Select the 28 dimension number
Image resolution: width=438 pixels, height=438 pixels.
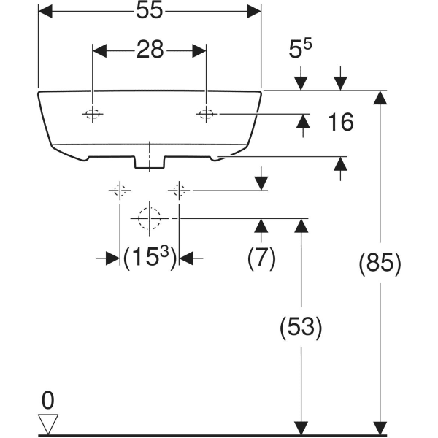point(149,50)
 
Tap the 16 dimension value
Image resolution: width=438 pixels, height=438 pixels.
point(339,123)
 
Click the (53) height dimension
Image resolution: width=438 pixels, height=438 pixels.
point(299,328)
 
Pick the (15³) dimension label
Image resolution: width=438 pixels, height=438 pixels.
point(150,258)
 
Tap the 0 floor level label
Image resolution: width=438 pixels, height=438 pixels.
point(48,400)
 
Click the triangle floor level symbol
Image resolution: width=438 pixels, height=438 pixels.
point(48,424)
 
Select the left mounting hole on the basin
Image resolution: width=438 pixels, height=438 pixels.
point(93,114)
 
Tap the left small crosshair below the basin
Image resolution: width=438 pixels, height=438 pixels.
point(120,191)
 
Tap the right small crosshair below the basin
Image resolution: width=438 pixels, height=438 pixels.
point(178,191)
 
